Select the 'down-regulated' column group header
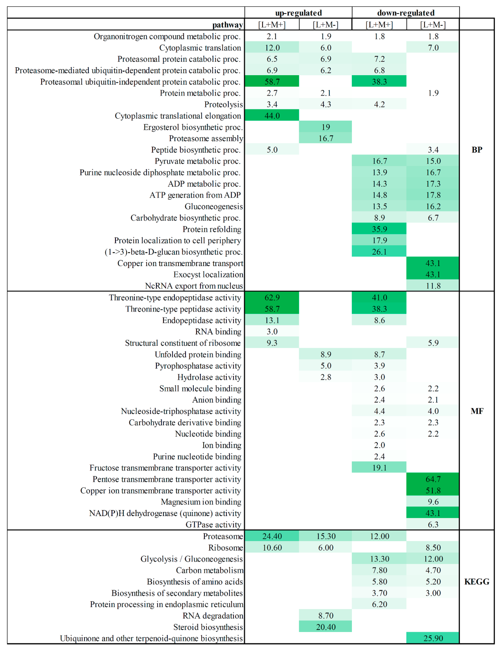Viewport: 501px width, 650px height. pyautogui.click(x=406, y=13)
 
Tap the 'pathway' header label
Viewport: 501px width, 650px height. pyautogui.click(x=228, y=25)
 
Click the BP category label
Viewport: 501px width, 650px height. pyautogui.click(x=477, y=150)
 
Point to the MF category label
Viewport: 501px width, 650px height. pyautogui.click(x=477, y=411)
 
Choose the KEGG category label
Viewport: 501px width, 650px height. pyautogui.click(x=477, y=582)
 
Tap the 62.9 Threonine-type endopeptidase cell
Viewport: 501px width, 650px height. pyautogui.click(x=272, y=298)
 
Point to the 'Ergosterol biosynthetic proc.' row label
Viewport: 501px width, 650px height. pyautogui.click(x=193, y=127)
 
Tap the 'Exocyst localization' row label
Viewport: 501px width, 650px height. pyautogui.click(x=208, y=274)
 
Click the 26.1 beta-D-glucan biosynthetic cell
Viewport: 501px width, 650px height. pyautogui.click(x=379, y=252)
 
